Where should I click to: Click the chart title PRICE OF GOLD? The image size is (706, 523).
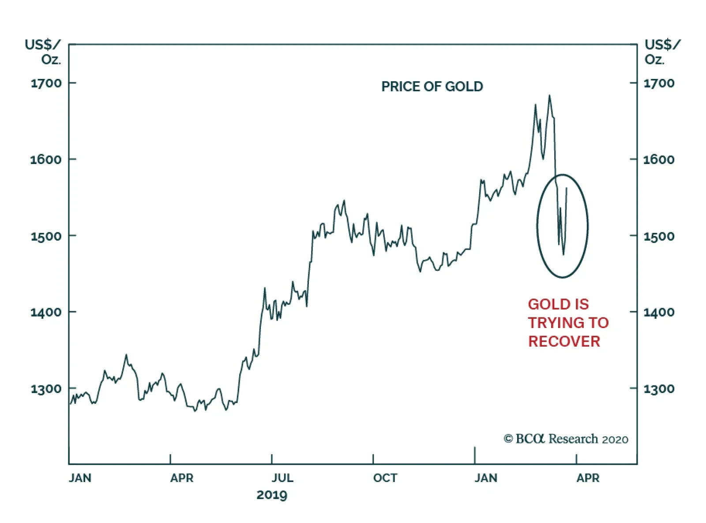tap(432, 86)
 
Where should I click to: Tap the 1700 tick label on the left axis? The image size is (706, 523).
tap(46, 83)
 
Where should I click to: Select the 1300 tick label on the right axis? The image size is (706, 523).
tap(659, 389)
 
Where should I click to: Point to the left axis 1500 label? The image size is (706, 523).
tap(46, 236)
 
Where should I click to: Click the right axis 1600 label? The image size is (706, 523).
tap(659, 159)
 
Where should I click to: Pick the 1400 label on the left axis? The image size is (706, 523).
tap(46, 312)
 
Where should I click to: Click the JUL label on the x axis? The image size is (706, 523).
tap(282, 478)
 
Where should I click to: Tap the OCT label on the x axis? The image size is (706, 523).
tap(385, 478)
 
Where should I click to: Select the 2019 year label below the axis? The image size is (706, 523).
tap(272, 495)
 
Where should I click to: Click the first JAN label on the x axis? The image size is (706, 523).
tap(80, 478)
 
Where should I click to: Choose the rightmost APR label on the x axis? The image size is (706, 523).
tap(588, 478)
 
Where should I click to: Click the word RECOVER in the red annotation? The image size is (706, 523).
tap(564, 341)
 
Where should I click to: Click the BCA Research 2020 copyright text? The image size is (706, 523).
tap(566, 439)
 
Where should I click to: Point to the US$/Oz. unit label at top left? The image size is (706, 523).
tap(43, 52)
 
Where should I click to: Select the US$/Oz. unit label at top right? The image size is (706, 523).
tap(662, 52)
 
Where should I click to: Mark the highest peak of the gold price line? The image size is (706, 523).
tap(549, 95)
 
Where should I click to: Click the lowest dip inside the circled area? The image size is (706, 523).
tap(563, 254)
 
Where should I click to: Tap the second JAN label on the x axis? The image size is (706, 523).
tap(486, 478)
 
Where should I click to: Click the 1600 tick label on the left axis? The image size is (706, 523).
tap(46, 159)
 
